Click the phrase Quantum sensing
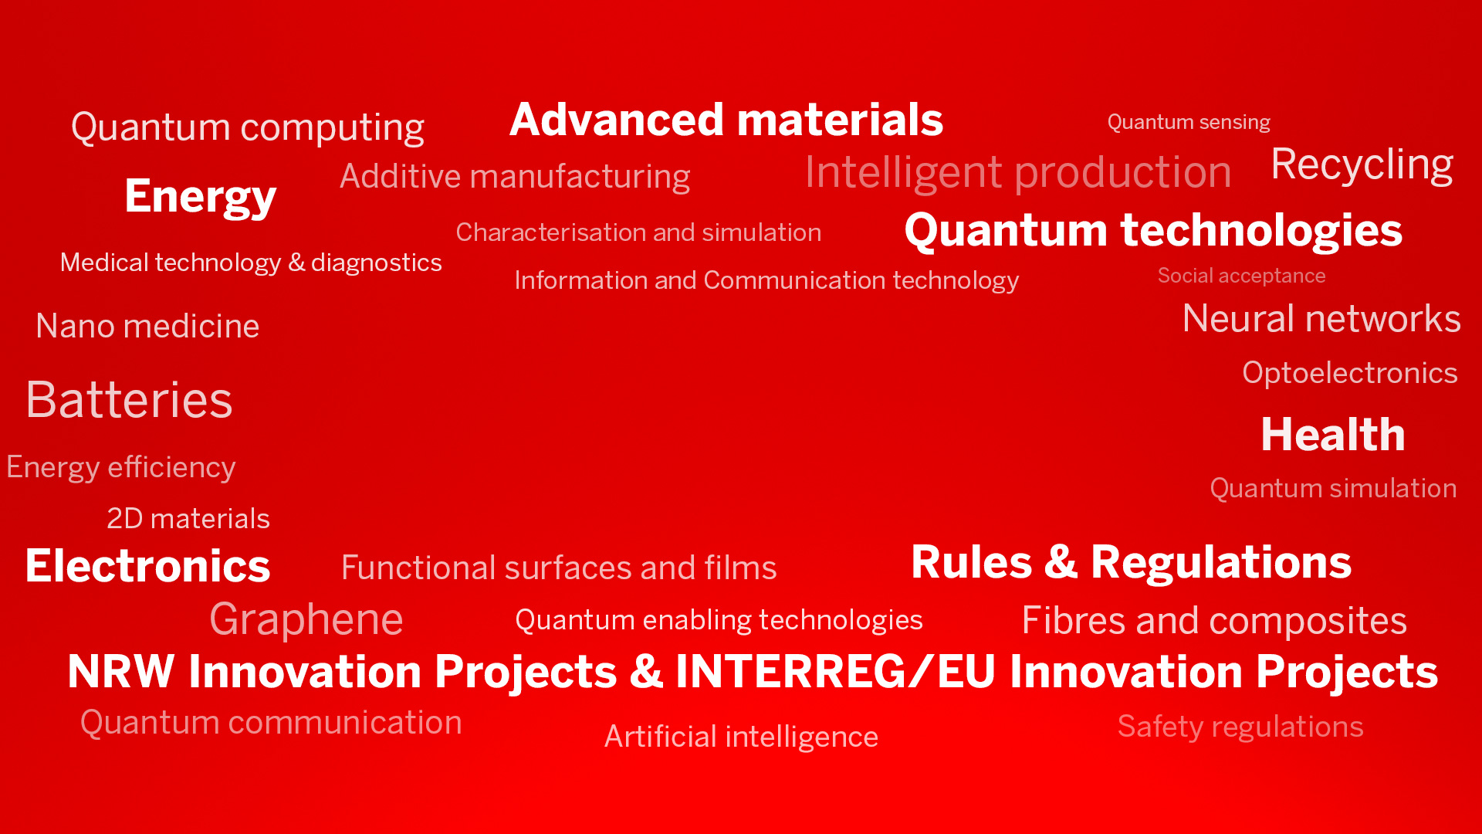click(x=1189, y=123)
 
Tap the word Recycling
click(x=1362, y=165)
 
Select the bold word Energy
click(x=201, y=197)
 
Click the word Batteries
click(x=129, y=400)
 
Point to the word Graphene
click(x=306, y=620)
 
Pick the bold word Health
click(x=1333, y=434)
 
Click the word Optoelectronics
click(x=1350, y=373)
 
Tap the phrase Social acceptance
click(x=1241, y=276)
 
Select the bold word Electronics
click(x=147, y=566)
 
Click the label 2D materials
click(x=188, y=519)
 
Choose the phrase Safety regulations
click(x=1240, y=727)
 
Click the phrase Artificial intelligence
click(x=741, y=737)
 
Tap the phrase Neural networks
click(x=1321, y=319)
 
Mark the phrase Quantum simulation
click(x=1333, y=489)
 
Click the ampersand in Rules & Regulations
click(x=1061, y=562)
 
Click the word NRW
click(x=121, y=671)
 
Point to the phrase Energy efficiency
click(x=121, y=468)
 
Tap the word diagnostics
click(x=377, y=263)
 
